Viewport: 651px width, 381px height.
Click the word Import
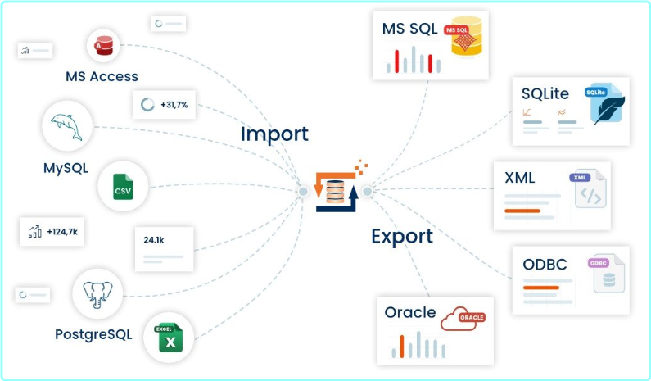(274, 134)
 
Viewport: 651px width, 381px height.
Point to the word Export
(401, 237)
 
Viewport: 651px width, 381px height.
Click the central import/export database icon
(336, 192)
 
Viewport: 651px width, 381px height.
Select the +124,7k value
(62, 232)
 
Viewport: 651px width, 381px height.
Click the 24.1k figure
(154, 240)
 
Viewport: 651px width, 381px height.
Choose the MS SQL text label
(410, 29)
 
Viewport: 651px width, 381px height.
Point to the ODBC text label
(545, 265)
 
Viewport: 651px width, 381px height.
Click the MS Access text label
(102, 77)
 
